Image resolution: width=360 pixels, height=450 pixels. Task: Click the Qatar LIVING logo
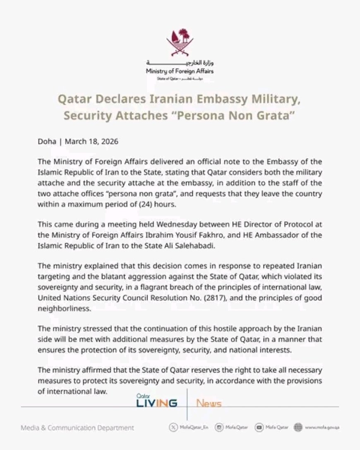click(x=157, y=402)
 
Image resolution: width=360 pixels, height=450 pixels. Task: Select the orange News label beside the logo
click(x=209, y=403)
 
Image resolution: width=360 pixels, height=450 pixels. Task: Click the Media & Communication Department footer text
click(x=77, y=428)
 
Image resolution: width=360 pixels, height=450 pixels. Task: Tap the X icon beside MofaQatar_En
click(x=173, y=427)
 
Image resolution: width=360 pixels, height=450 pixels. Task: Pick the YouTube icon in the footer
click(x=259, y=427)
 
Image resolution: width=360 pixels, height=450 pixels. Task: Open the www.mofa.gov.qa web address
click(x=322, y=427)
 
